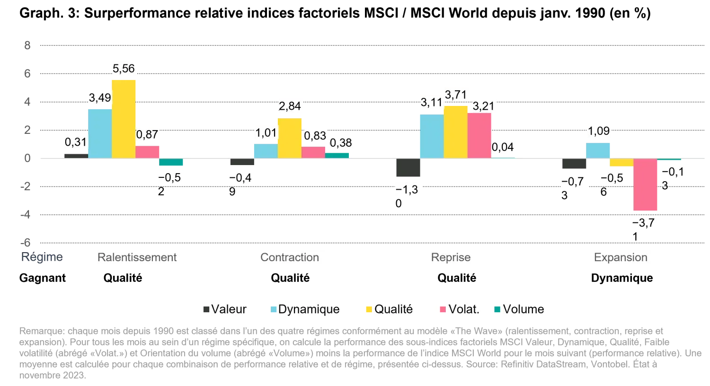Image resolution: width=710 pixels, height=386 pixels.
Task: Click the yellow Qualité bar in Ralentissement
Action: tap(123, 119)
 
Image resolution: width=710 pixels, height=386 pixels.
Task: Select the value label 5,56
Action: tap(124, 69)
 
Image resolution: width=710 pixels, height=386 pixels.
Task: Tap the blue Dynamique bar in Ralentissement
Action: tap(99, 133)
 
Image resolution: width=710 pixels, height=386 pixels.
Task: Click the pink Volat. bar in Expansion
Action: tap(646, 185)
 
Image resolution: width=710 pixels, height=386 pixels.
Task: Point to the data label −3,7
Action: tap(645, 223)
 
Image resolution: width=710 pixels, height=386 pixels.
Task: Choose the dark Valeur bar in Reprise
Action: tap(407, 168)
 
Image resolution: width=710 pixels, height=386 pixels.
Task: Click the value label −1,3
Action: tap(407, 190)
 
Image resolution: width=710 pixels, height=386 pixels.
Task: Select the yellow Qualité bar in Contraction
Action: tap(290, 138)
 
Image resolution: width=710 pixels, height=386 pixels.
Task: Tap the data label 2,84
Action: tap(290, 106)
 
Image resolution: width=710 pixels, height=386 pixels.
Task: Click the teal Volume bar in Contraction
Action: tap(337, 155)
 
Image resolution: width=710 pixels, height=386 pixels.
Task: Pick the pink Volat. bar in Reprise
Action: tap(480, 135)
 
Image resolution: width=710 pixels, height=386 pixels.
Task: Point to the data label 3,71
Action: tap(456, 95)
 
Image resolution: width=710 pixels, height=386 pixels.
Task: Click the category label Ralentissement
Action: tap(137, 257)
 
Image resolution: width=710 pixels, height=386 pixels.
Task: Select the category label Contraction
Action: tap(290, 257)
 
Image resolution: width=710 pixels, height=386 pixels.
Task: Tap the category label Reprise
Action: tap(451, 257)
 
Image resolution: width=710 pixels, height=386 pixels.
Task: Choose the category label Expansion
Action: tap(621, 257)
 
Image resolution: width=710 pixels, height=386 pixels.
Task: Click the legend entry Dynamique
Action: tap(309, 309)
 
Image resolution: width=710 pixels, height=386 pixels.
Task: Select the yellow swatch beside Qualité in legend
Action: tap(369, 309)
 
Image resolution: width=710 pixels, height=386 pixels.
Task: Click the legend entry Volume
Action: tap(523, 309)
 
